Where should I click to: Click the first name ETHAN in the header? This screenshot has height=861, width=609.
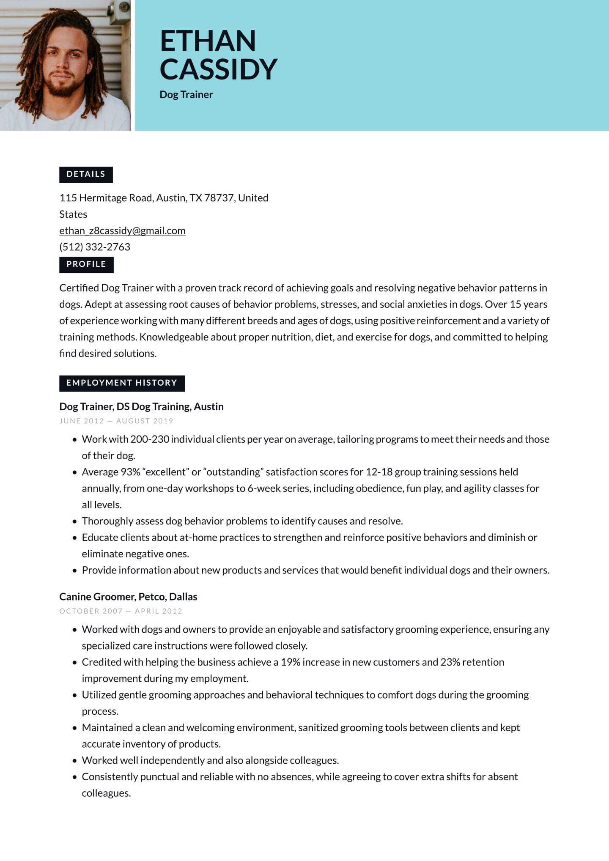[208, 41]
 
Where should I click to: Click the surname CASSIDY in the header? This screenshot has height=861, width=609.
[218, 69]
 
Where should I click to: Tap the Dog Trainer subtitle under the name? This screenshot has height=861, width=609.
[186, 94]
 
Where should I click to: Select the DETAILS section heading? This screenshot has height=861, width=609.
[86, 174]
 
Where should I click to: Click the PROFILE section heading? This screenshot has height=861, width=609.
[86, 264]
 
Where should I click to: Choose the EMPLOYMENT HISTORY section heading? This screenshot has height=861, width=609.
[122, 383]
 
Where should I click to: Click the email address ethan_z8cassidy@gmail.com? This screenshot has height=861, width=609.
[122, 230]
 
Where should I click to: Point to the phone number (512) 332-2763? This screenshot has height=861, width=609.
[95, 247]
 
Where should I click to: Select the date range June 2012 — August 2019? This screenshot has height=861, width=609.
[116, 421]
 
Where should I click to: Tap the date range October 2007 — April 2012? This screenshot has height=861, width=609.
[121, 611]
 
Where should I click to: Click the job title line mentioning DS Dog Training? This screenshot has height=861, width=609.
[141, 406]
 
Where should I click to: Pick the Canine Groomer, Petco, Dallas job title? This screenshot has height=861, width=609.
[128, 597]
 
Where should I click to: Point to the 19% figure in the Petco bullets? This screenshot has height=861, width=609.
[291, 662]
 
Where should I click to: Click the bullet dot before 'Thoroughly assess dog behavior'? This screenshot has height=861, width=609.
[75, 521]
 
